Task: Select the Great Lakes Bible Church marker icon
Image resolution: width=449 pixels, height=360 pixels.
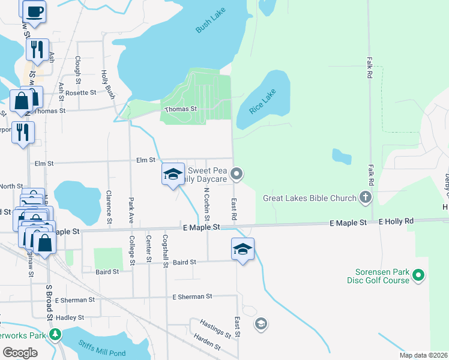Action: click(365, 197)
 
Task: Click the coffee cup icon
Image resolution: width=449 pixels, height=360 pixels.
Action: click(34, 10)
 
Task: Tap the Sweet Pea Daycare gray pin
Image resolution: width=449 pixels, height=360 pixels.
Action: click(237, 175)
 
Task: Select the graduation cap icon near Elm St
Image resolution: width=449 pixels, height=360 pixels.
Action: click(173, 174)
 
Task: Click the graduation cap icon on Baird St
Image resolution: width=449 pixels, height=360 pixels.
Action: click(243, 249)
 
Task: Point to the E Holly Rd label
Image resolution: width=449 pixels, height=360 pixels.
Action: click(396, 222)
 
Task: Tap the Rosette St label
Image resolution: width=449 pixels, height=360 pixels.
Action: click(80, 92)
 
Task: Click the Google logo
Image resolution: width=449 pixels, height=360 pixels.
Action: click(20, 353)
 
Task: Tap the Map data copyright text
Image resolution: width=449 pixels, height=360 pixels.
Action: click(423, 355)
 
